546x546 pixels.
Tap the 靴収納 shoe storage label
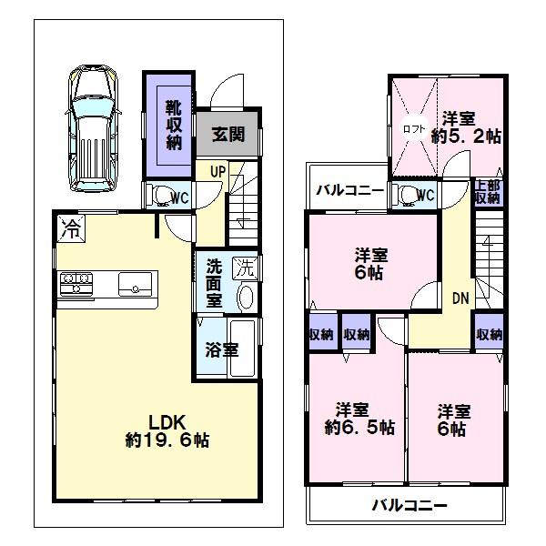[173, 126]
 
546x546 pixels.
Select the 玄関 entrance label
[227, 135]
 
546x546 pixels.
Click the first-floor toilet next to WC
[161, 195]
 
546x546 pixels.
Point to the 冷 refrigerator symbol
[71, 229]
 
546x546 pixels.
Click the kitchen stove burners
[73, 283]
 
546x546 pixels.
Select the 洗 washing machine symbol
[243, 268]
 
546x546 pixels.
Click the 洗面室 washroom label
[213, 283]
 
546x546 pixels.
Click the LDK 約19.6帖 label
[167, 430]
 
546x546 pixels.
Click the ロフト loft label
[414, 129]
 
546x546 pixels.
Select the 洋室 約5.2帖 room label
[464, 127]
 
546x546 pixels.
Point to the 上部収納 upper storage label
[487, 192]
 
